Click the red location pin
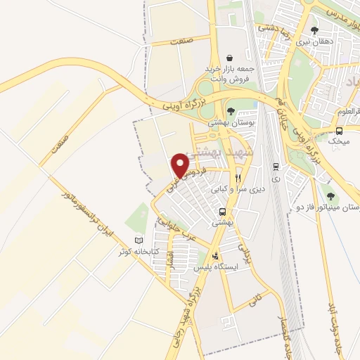181,165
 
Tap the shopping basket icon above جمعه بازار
230,58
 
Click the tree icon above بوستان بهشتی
231,110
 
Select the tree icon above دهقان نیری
314,30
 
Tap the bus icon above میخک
340,130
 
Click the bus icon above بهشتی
222,211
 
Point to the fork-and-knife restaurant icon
238,178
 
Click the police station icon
215,256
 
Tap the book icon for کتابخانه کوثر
148,241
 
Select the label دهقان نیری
312,43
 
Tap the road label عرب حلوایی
167,229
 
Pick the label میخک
340,141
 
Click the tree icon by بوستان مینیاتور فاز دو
330,196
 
